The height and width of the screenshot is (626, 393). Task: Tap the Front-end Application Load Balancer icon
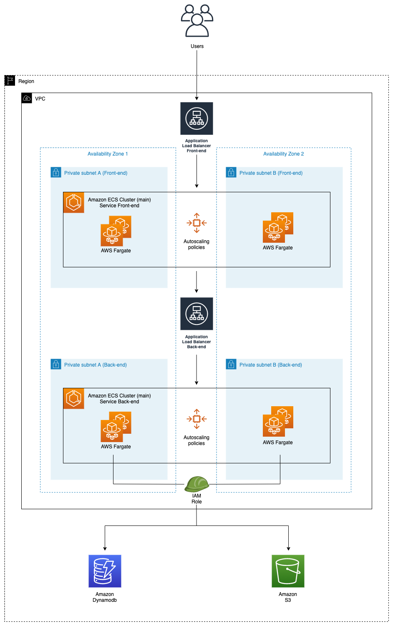click(196, 118)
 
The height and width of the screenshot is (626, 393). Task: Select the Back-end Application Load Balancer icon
click(196, 314)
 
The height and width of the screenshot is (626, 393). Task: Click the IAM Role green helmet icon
click(196, 484)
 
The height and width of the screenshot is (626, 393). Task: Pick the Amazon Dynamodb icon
click(105, 571)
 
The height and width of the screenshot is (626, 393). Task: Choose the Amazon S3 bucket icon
click(288, 571)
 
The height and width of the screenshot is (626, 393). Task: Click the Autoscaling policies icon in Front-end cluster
click(196, 223)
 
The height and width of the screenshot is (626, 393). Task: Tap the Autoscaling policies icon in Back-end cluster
click(196, 419)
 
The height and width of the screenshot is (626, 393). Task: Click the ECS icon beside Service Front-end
click(74, 203)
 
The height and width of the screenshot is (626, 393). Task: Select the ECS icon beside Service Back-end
click(74, 399)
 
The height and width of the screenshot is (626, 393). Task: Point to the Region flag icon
click(10, 80)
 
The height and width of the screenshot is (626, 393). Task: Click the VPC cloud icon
click(27, 98)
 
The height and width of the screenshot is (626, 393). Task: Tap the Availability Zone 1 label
click(108, 154)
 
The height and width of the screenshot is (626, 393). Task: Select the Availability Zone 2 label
click(283, 154)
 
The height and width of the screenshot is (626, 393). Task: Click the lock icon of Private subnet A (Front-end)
click(56, 172)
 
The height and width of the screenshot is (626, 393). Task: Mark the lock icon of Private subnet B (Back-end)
click(231, 364)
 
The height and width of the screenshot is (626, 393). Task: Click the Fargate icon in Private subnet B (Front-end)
click(278, 228)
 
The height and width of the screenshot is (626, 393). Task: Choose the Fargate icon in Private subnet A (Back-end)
click(116, 427)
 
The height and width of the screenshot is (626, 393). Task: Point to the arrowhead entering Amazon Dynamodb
click(105, 548)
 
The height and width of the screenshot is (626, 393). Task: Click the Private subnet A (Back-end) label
click(95, 365)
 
